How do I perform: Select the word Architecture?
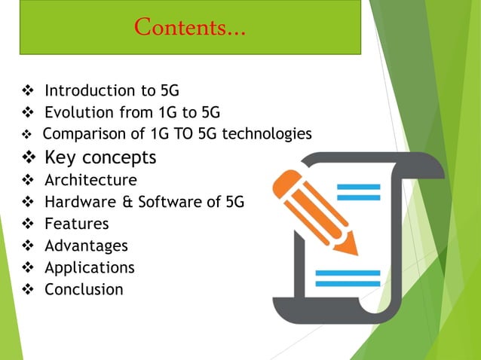click(x=90, y=180)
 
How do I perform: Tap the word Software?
click(x=165, y=202)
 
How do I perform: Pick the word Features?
click(x=76, y=224)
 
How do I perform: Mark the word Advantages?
click(x=86, y=246)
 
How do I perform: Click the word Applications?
click(x=89, y=267)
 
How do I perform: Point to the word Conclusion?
click(x=83, y=289)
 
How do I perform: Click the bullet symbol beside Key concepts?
click(x=29, y=158)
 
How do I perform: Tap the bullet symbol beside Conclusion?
click(x=29, y=289)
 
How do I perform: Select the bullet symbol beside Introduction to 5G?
click(x=29, y=92)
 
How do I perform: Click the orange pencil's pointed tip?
click(x=352, y=251)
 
